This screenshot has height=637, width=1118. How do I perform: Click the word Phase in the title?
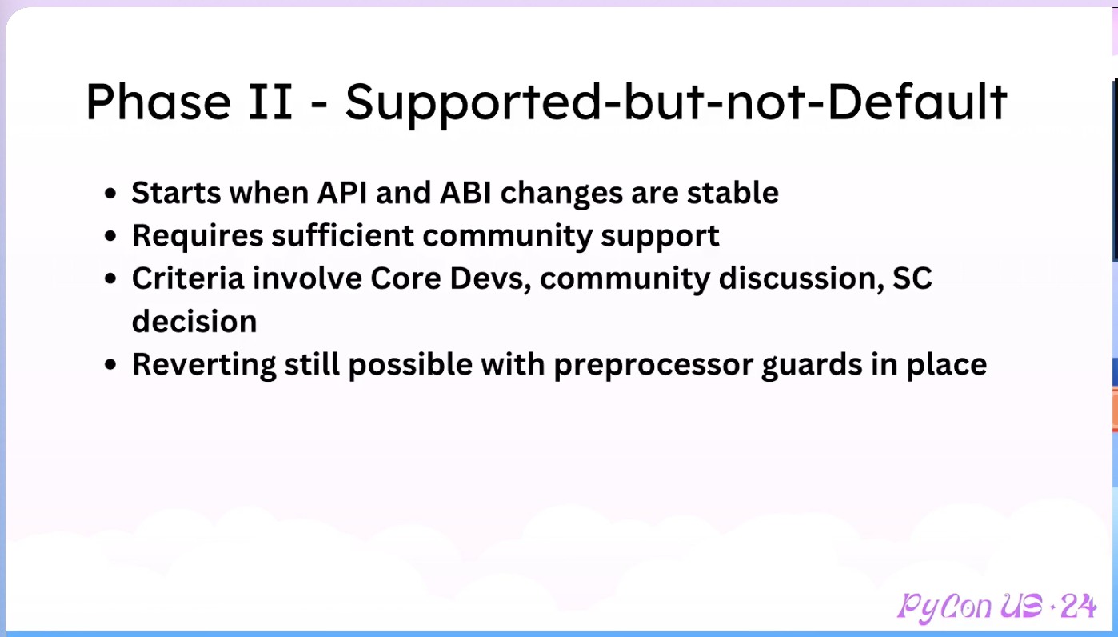point(158,102)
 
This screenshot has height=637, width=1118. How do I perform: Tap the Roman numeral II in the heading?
point(270,102)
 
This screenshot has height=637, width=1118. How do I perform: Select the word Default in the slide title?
point(916,102)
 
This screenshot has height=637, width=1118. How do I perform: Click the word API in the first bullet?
point(342,193)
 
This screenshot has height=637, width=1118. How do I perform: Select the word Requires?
point(198,236)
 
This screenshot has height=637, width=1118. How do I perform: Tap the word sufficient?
point(342,235)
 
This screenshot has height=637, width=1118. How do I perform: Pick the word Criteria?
point(188,278)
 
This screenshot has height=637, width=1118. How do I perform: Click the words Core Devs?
point(450,278)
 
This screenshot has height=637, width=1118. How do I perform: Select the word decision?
point(194,321)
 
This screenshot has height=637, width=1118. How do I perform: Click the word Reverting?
point(204,365)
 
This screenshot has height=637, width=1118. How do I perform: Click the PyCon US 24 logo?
point(996,607)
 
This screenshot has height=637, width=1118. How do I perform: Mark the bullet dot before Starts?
point(110,194)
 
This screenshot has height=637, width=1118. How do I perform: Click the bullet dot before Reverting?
point(110,365)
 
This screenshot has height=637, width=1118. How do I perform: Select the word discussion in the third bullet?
point(797,278)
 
